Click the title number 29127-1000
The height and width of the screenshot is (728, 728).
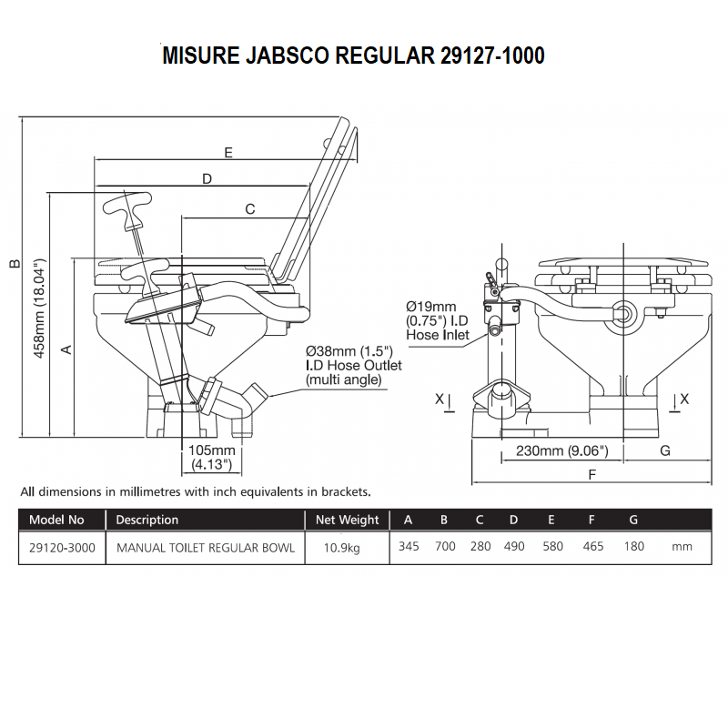pos(492,56)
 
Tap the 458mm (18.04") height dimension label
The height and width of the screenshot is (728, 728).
pos(39,308)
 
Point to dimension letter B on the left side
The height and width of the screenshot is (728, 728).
pos(15,264)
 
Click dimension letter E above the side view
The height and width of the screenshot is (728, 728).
pos(228,152)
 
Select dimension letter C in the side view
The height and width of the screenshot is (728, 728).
pos(249,209)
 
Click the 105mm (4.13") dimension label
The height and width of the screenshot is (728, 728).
pos(212,458)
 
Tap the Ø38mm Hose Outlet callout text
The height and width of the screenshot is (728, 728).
pos(353,366)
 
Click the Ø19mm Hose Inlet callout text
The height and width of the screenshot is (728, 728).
pos(438,320)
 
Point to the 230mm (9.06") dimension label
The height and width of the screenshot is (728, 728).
pos(561,450)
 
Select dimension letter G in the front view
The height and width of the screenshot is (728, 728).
pos(665,450)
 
